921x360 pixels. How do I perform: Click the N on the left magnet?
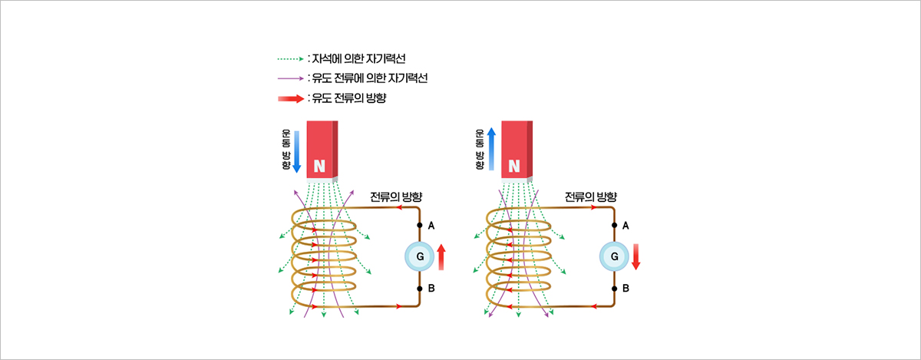tap(320, 166)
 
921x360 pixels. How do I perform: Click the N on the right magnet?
tap(514, 166)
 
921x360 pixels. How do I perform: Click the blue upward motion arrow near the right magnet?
tap(492, 150)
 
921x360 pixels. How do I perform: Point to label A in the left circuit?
tap(431, 225)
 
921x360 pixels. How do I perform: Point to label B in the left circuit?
tap(431, 289)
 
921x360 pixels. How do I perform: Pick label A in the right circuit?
tap(626, 225)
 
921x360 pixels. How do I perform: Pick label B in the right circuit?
tap(626, 289)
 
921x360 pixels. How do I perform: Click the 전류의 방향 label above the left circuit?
tap(396, 197)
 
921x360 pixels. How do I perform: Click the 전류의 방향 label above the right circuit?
tap(590, 197)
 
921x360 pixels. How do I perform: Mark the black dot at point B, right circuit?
tap(614, 289)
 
